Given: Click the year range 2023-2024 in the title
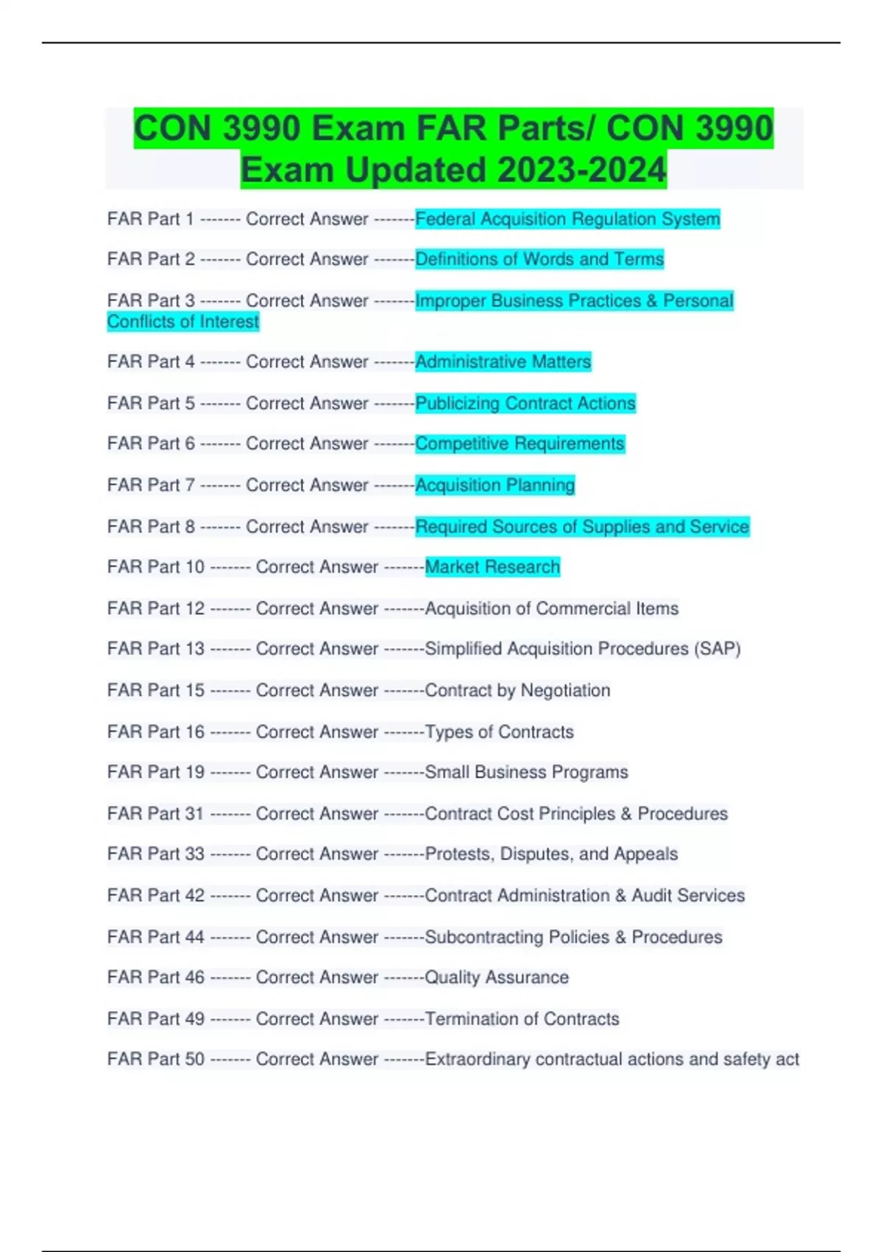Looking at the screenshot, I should pos(581,170).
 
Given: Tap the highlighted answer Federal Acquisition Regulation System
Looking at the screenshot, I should pos(567,219).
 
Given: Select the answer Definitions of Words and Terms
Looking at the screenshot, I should pos(539,259).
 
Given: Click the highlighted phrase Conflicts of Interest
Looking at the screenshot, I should pos(183,322).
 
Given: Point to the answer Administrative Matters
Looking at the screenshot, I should pos(503,362).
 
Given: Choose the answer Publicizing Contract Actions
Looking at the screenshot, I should pos(525,403).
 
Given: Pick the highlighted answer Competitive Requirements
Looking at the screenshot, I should pos(519,443).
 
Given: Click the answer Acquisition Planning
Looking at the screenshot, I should pos(495,485).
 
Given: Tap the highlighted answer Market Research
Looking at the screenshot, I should pos(492,567).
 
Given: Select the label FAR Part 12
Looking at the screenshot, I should pos(156,608).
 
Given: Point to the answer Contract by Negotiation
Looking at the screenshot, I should pos(517,690).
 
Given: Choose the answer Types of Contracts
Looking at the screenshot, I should pos(499,732).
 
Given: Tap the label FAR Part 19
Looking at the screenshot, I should pos(156,772).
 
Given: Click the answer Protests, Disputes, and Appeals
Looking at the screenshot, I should pos(551,854).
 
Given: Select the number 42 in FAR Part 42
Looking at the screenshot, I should pos(195,896).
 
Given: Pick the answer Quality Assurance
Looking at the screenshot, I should pos(497,977).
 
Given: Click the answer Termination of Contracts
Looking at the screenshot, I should pos(522,1019).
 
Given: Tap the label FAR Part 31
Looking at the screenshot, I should pos(156,814).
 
